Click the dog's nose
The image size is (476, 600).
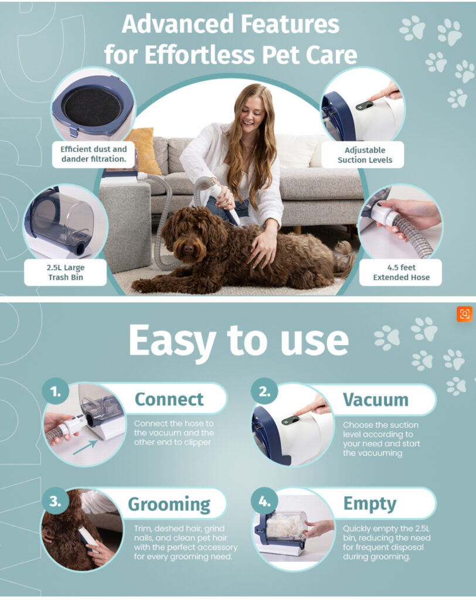[189, 249]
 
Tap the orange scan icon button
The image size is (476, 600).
[464, 314]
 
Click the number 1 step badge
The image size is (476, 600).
[56, 391]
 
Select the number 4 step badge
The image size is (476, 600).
[264, 501]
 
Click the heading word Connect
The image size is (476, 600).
[169, 399]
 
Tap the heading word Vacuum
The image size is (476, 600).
[376, 400]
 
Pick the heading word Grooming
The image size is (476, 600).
[169, 504]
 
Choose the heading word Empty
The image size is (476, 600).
[370, 504]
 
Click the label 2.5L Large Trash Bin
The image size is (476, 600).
[66, 272]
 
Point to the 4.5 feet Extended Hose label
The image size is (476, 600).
[401, 272]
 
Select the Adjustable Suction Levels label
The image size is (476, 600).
[365, 155]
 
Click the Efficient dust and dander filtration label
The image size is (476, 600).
[93, 154]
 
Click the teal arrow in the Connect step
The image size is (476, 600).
[85, 447]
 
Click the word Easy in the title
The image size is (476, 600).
[172, 340]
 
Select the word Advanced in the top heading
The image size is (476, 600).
[178, 23]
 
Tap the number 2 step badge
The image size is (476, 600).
[264, 391]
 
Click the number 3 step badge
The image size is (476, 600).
[56, 501]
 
